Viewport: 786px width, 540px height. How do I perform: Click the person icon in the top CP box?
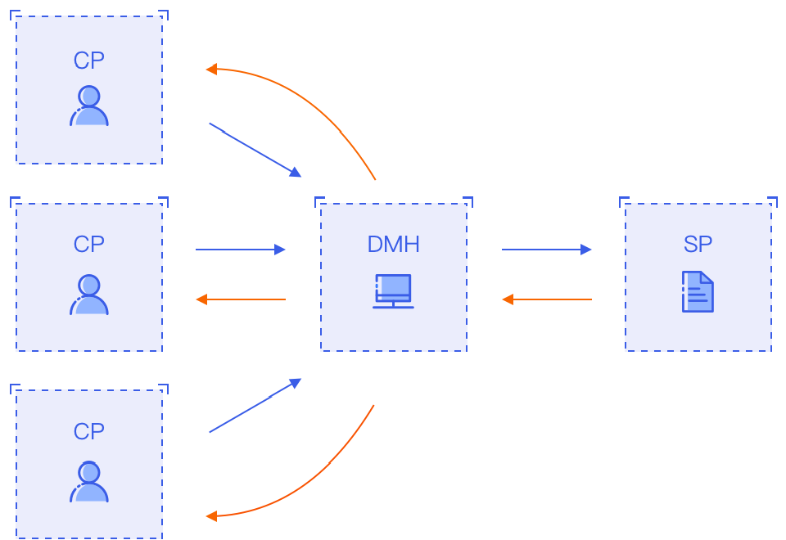90,106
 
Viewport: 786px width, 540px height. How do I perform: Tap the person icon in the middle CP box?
90,295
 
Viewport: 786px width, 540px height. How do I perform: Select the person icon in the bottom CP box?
90,483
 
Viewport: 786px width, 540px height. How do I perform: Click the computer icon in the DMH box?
394,288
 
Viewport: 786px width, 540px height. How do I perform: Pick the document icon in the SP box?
698,292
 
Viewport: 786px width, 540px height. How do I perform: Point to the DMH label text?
393,244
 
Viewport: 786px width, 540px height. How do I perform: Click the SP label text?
698,244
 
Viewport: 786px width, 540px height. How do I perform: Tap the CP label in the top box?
88,61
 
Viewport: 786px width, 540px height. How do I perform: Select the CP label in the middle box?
88,244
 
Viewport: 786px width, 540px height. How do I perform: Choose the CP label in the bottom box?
88,431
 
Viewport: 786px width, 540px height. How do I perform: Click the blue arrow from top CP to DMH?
255,150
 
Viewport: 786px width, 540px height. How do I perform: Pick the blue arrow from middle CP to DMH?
241,250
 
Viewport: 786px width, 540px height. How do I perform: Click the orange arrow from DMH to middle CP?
241,299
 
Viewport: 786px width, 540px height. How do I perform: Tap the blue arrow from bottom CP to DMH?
255,406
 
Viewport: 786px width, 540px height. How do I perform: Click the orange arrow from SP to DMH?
546,299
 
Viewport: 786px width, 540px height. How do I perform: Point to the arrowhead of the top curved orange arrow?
210,70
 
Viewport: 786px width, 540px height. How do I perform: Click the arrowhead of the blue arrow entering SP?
586,250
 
